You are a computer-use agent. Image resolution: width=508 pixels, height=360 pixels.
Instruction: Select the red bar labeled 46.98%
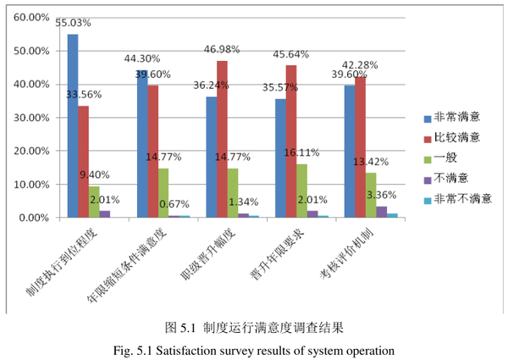222,140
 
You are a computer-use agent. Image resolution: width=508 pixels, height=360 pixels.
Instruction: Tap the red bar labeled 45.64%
291,141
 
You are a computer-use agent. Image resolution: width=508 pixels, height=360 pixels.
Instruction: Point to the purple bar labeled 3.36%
382,212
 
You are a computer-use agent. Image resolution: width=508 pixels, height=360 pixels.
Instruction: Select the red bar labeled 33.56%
83,161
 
